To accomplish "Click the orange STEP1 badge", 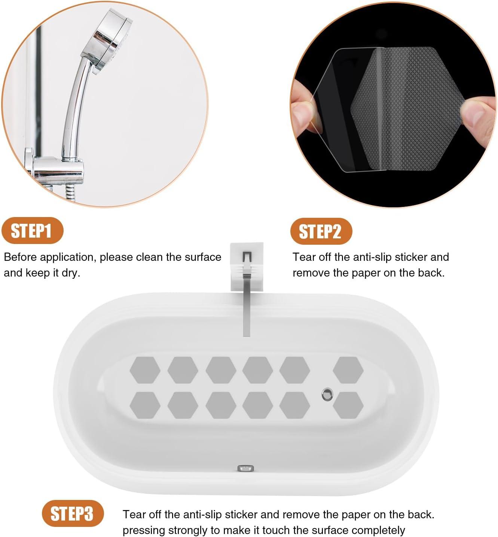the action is tap(33, 231).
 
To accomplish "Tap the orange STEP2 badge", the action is tap(321, 231).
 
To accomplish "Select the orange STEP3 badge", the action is tap(73, 513).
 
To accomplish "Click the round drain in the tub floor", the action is tap(327, 394).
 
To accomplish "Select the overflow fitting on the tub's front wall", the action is tap(245, 468).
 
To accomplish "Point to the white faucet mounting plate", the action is tap(247, 266).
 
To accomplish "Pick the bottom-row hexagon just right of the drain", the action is tap(348, 405).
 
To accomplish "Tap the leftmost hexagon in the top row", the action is tap(145, 370).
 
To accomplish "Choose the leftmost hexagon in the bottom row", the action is tap(145, 405).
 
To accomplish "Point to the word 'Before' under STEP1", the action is tap(21, 257).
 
